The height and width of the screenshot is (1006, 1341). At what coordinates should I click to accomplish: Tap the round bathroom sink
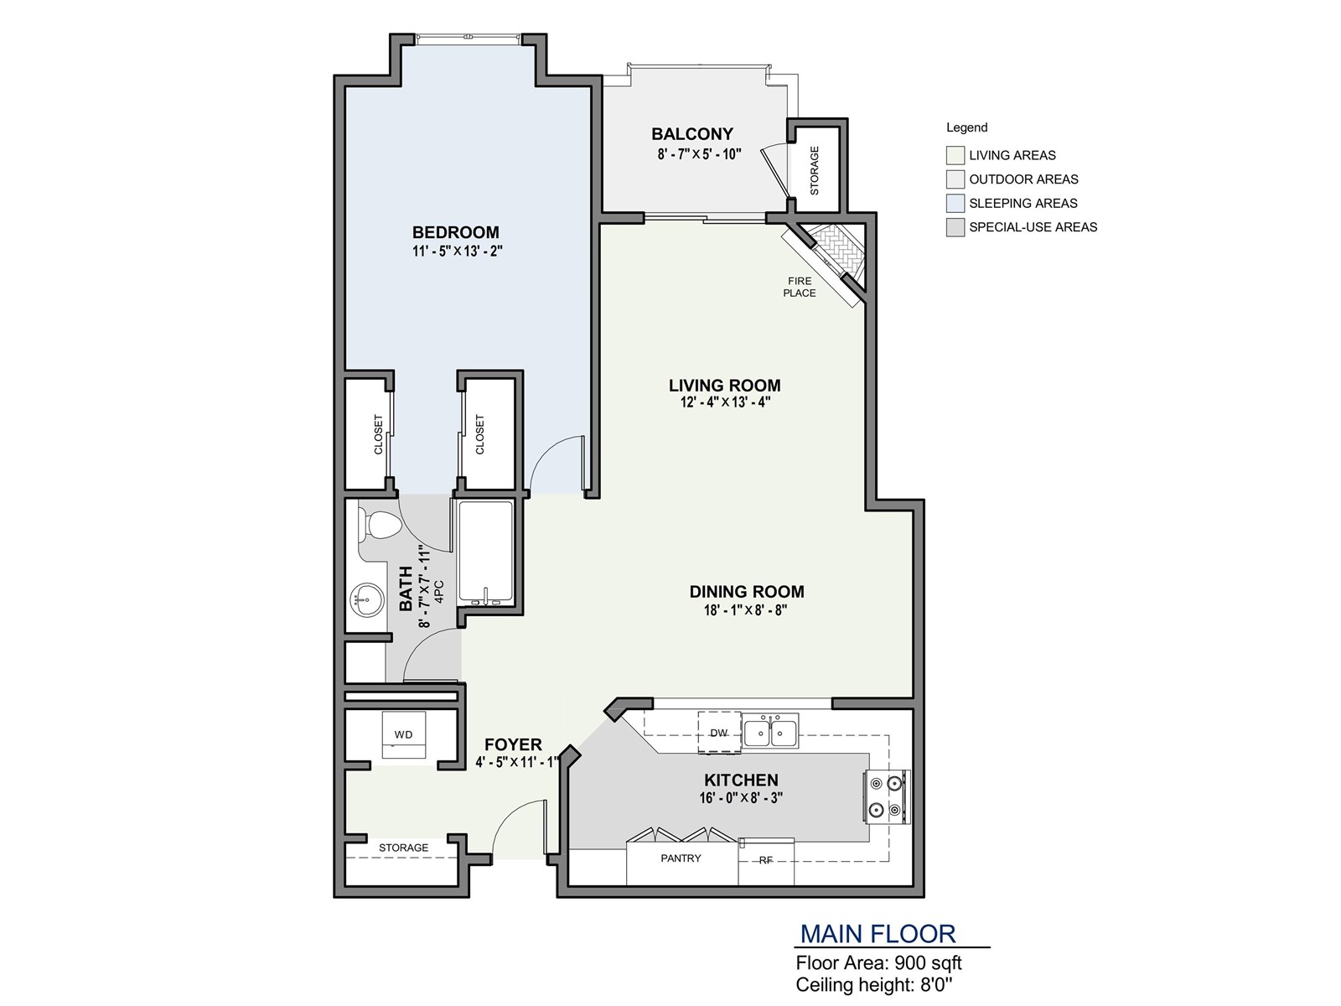(366, 600)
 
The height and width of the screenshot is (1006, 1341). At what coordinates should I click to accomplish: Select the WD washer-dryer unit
(403, 734)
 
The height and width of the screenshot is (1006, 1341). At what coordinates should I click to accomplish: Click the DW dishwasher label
(718, 733)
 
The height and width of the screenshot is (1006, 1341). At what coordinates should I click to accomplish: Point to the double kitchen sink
(770, 731)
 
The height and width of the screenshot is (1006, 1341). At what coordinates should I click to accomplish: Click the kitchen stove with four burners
(886, 796)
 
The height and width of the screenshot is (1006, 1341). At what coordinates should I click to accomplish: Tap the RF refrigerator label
(765, 860)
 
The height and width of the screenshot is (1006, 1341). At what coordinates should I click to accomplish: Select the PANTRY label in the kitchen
(681, 858)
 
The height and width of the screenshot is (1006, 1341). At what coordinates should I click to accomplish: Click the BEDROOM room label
(456, 232)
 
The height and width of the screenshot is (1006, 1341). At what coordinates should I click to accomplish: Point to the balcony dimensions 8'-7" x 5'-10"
(699, 154)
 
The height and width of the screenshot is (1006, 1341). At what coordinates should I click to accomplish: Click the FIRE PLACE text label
(800, 287)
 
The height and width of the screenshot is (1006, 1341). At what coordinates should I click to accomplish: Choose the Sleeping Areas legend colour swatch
(955, 203)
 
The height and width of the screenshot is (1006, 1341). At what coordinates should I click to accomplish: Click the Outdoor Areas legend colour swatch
(955, 179)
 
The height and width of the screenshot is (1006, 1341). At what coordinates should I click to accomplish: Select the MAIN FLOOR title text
(878, 934)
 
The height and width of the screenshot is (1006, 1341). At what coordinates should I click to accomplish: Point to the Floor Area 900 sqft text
(878, 963)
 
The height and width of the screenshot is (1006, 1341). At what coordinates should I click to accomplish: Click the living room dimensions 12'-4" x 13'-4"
(724, 402)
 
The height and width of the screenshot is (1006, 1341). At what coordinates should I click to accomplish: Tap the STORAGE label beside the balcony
(814, 170)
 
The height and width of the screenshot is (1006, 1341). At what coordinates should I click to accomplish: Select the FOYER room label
(513, 744)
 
